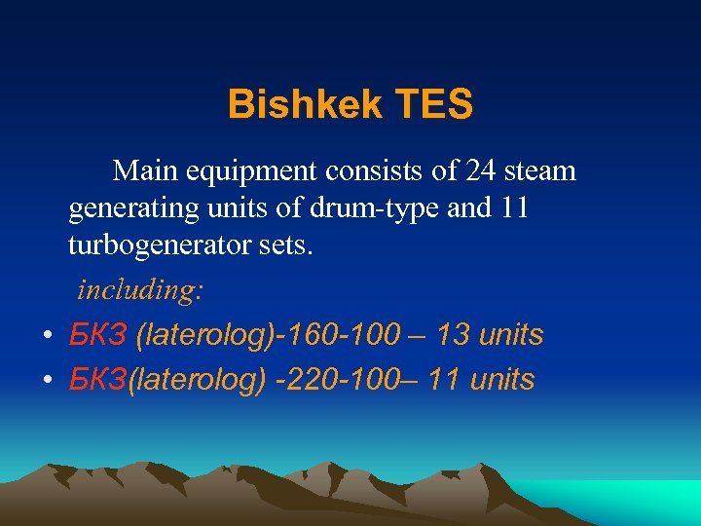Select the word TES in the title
click(433, 104)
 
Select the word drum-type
click(362, 209)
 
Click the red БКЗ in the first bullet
click(98, 335)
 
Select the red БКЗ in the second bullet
click(98, 379)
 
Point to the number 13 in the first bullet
click(453, 335)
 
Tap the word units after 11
click(502, 379)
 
